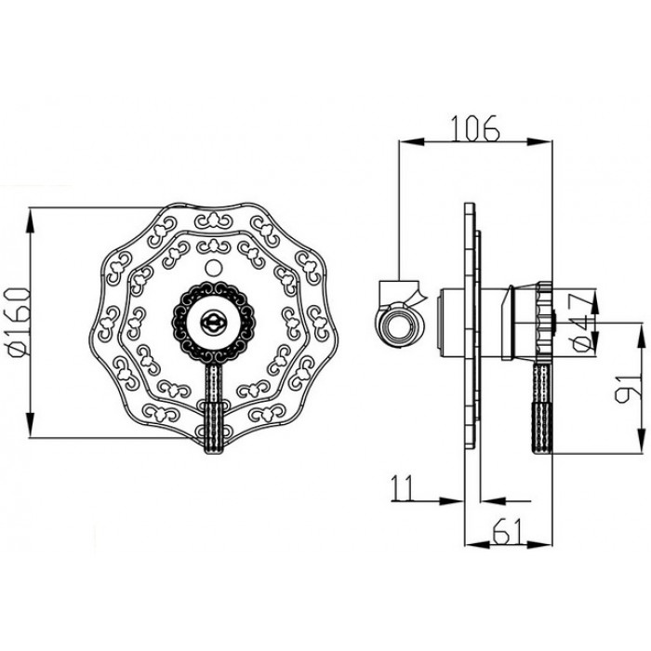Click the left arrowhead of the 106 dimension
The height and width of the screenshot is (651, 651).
click(x=404, y=142)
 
